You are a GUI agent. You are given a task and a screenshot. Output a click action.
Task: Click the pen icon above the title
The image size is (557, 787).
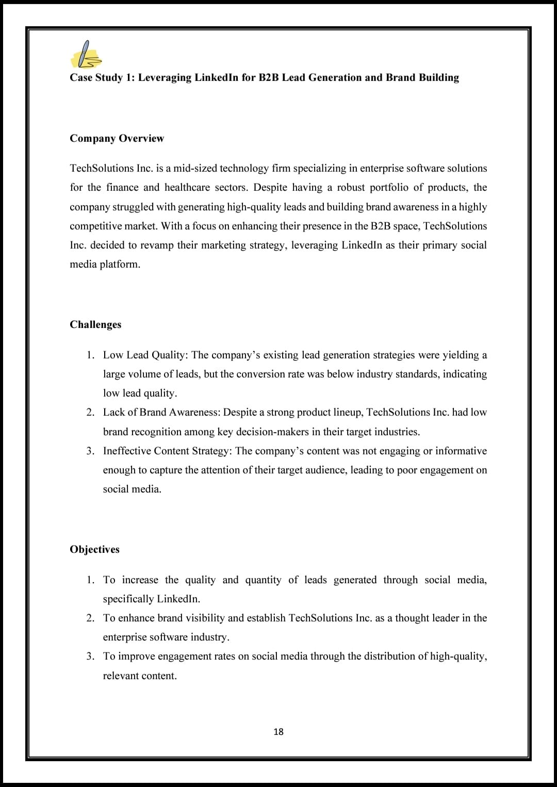[x=86, y=55]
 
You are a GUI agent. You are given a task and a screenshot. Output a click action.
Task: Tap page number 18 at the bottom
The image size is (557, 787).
[x=278, y=732]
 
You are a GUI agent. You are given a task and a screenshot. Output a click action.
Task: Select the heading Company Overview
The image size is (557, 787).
[x=117, y=138]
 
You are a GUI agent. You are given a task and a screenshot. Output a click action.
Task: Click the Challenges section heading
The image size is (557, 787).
[x=96, y=324]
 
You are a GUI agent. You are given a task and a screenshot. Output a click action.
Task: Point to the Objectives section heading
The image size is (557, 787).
[x=95, y=549]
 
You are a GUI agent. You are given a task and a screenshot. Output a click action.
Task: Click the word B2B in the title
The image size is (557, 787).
[x=269, y=77]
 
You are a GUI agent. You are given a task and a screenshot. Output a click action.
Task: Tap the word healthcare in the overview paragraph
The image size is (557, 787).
[x=188, y=187]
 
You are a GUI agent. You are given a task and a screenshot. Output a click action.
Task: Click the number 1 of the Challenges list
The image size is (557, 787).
[x=90, y=355]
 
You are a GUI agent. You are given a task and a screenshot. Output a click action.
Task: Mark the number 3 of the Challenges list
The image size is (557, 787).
[x=90, y=451]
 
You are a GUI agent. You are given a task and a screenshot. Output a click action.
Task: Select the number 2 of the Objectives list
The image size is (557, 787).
[x=90, y=618]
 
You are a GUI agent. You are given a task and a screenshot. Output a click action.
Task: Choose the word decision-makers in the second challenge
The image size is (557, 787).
[x=273, y=432]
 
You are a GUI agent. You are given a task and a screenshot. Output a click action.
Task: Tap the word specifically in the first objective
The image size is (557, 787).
[x=128, y=599]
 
